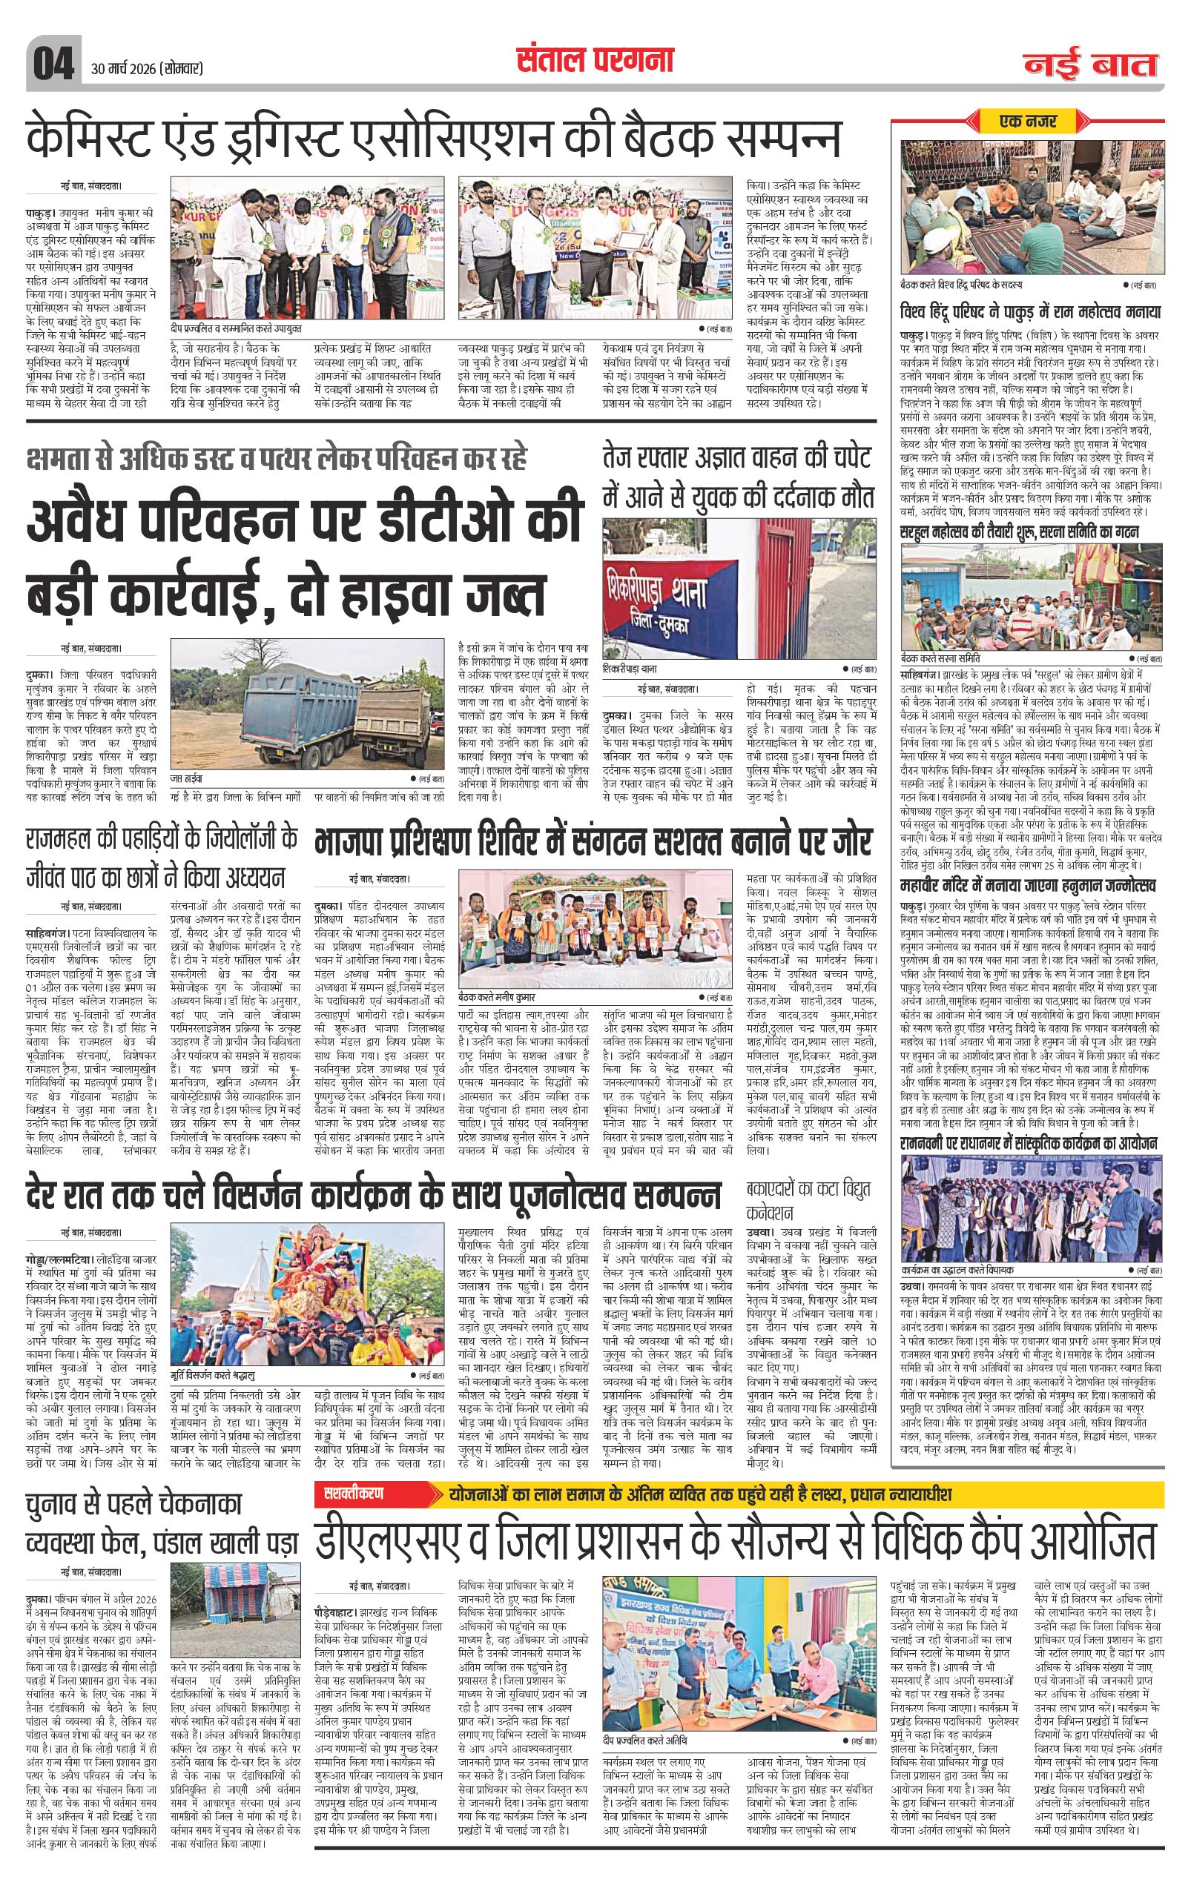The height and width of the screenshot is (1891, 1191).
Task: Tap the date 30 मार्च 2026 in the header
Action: (x=147, y=69)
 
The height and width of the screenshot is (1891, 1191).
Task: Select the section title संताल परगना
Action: (x=595, y=60)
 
